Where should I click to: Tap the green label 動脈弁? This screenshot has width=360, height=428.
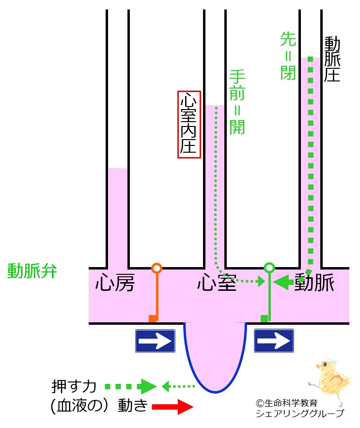click(32, 271)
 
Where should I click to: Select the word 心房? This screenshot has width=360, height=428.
click(114, 283)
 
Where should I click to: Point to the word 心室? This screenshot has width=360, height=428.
click(217, 283)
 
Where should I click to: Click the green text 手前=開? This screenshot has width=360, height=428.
click(237, 102)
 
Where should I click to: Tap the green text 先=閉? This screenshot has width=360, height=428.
click(288, 56)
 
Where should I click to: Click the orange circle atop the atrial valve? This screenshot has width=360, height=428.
click(157, 268)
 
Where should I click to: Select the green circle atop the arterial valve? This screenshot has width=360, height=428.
click(269, 268)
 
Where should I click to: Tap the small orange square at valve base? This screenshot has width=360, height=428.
click(153, 318)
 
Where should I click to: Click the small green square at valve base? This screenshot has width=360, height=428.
click(264, 318)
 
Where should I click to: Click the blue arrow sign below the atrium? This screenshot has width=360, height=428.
click(155, 341)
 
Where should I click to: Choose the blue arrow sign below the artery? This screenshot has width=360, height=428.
click(274, 341)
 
